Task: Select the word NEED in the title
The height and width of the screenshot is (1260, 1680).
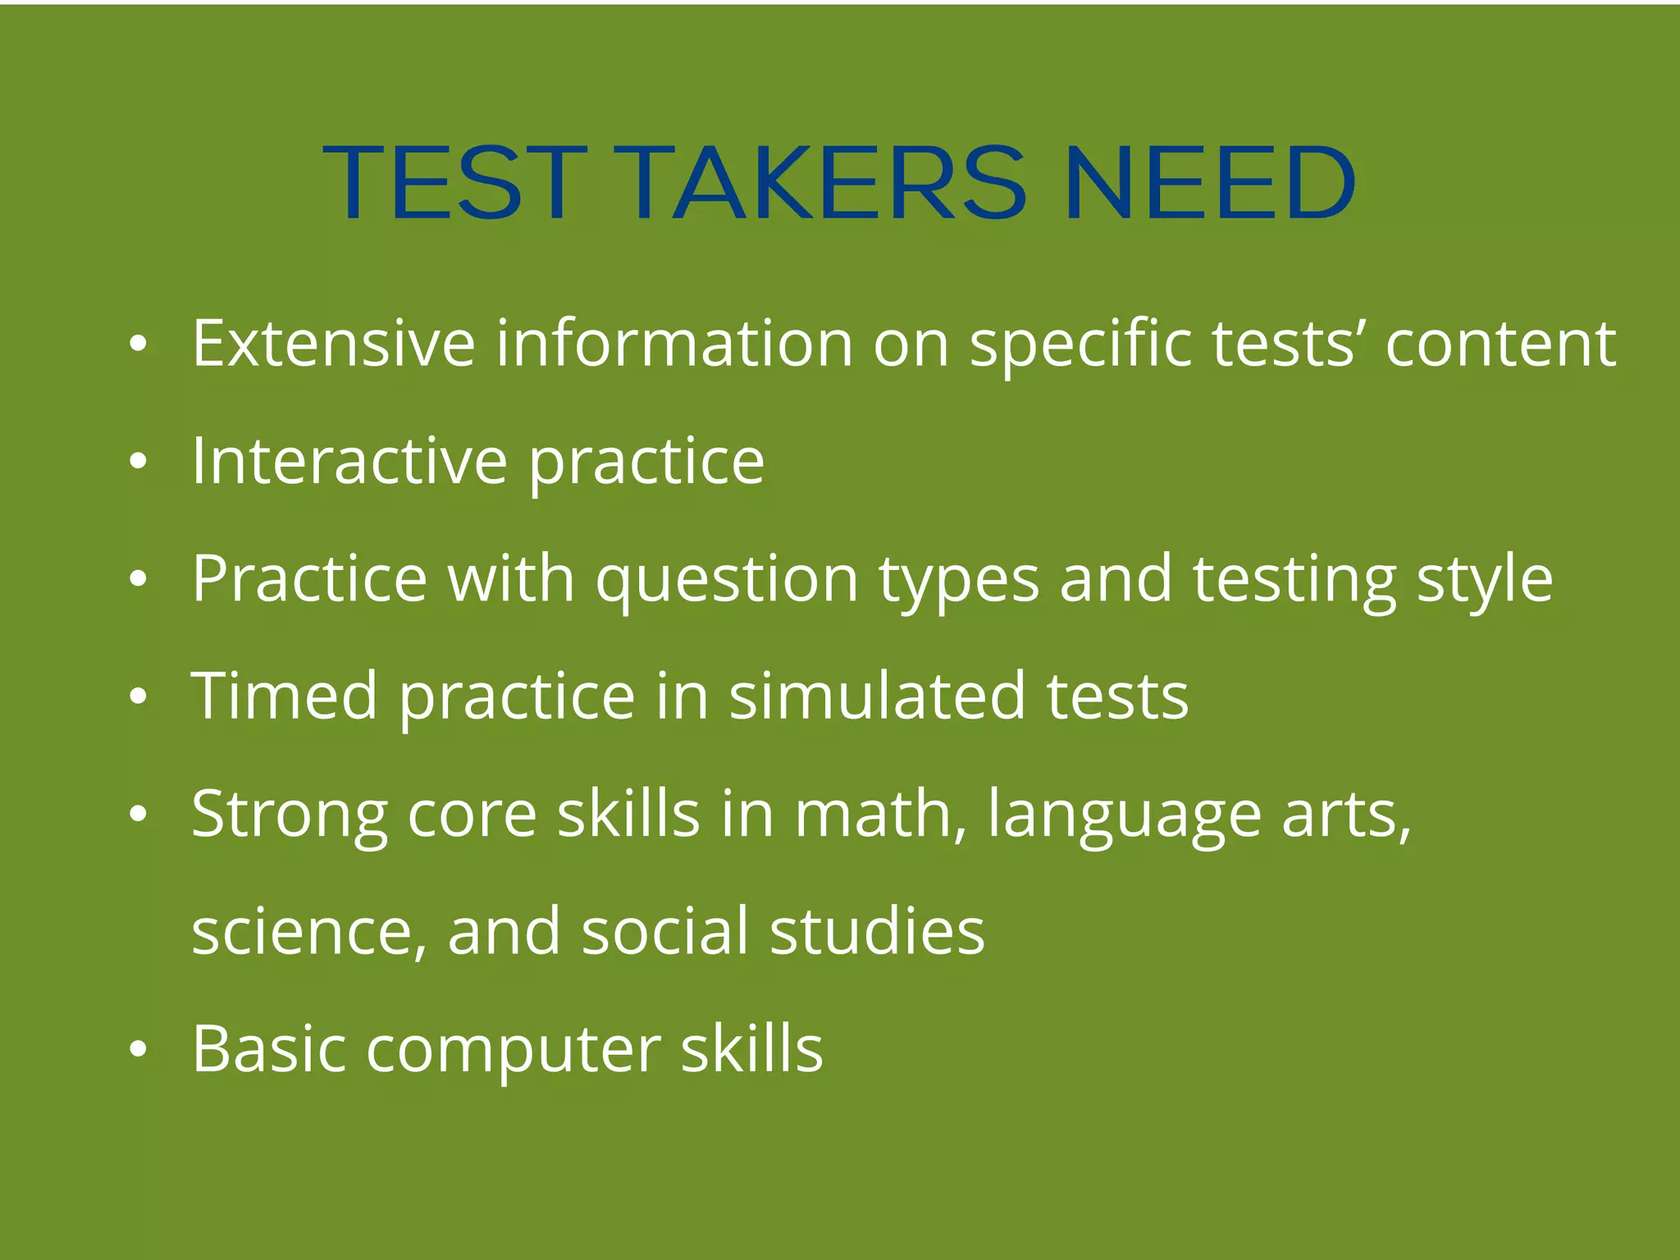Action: click(1211, 183)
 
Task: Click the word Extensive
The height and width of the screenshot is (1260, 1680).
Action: click(333, 343)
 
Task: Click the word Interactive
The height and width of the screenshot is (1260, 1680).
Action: click(349, 461)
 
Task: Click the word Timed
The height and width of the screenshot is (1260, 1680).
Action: click(284, 696)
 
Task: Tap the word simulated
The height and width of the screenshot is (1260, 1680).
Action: click(877, 696)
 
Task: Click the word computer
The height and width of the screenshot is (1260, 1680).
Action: click(514, 1051)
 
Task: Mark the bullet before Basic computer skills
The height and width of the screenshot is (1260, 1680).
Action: click(138, 1049)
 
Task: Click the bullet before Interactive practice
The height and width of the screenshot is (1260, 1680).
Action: click(138, 462)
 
